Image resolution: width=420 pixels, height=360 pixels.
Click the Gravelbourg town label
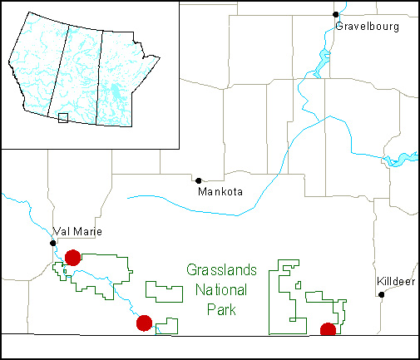tap(367, 27)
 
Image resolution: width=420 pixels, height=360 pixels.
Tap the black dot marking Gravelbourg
tap(336, 14)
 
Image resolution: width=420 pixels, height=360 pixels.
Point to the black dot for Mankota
tap(198, 180)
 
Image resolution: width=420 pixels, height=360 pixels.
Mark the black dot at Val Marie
tap(52, 243)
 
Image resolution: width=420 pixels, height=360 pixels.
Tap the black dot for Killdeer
tap(382, 293)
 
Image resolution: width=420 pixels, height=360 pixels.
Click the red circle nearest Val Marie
tap(72, 258)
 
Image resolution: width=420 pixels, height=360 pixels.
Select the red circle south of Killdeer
tap(328, 330)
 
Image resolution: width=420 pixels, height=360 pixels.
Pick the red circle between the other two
tap(144, 323)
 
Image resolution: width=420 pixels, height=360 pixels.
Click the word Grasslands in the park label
tap(221, 270)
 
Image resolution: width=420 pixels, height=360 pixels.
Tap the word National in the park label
tap(220, 290)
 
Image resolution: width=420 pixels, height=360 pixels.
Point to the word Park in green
tap(221, 310)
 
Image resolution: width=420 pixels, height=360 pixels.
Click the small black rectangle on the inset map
tap(62, 119)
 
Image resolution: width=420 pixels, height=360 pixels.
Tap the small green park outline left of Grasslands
tap(164, 291)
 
